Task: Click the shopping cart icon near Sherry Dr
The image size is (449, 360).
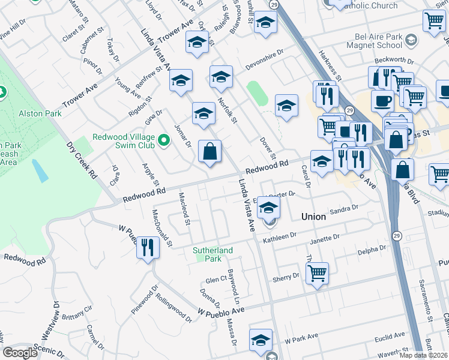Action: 317,273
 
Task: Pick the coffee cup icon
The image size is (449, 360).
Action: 382,100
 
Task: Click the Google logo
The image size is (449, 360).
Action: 20,353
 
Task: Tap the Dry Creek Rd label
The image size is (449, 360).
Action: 82,160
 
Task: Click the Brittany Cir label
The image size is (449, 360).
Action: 76,313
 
